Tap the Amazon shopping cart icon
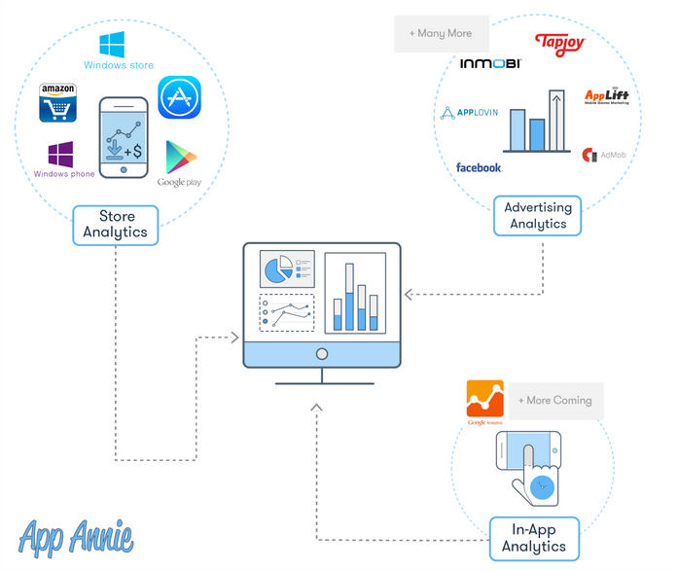click(58, 103)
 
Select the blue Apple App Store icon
click(179, 97)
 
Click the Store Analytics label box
click(115, 225)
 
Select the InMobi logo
click(490, 63)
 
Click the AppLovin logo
click(470, 113)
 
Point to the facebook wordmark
click(479, 167)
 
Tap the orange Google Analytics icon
click(484, 399)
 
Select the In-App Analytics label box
click(533, 538)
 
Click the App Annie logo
click(76, 536)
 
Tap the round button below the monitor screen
click(322, 354)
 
